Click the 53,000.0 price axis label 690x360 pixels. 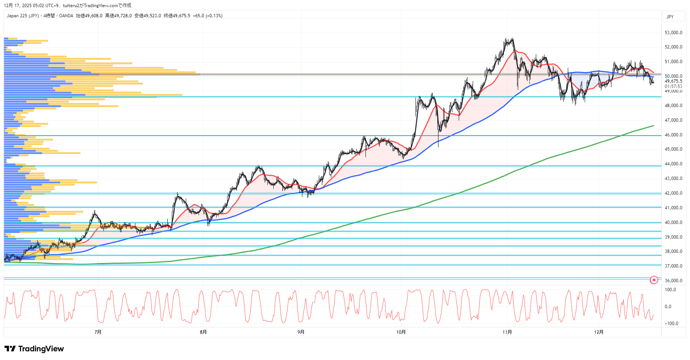click(673, 33)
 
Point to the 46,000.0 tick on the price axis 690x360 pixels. click(673, 135)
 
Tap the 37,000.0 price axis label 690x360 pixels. click(673, 266)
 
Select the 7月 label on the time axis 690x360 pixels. click(98, 332)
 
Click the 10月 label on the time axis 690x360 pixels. click(401, 332)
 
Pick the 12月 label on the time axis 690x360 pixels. click(599, 332)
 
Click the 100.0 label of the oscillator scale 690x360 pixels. click(670, 290)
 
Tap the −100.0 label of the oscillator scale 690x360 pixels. click(671, 324)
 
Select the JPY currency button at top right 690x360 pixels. click(670, 17)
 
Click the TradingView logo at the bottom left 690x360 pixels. click(34, 349)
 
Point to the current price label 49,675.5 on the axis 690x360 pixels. click(673, 81)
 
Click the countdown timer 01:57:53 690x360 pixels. click(673, 86)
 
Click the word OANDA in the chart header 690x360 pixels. click(66, 16)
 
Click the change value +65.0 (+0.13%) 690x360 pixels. click(208, 16)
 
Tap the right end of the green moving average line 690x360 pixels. click(654, 126)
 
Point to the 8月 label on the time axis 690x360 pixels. click(203, 332)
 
